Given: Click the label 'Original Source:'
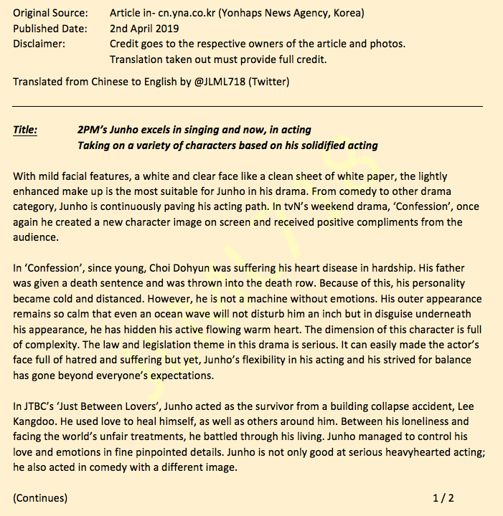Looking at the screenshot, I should point(50,14).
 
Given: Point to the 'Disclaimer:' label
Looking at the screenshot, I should point(39,44).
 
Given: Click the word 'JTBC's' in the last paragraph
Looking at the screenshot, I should point(39,406).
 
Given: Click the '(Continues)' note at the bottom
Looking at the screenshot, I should point(40,497).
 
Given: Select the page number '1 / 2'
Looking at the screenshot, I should point(443,497).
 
